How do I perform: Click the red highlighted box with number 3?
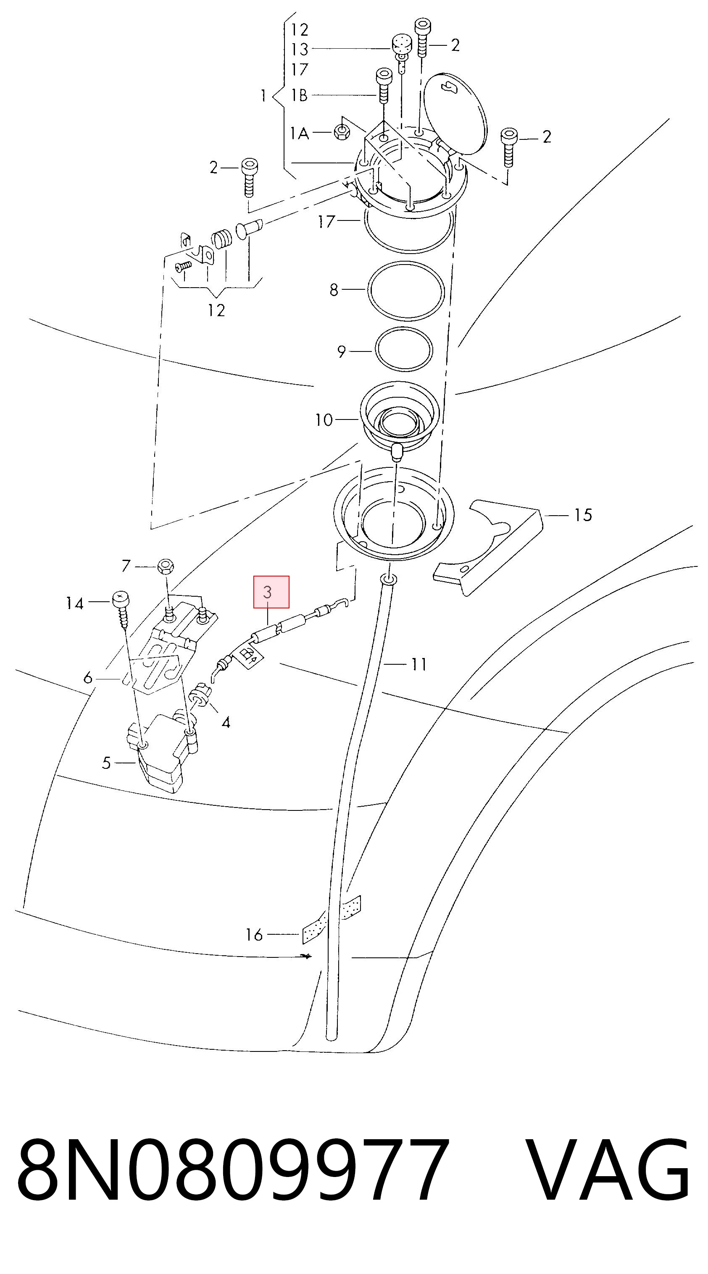click(271, 592)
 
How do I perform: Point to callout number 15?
click(583, 515)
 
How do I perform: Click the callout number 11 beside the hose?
click(419, 664)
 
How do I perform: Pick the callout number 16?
click(254, 935)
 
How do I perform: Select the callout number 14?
click(75, 603)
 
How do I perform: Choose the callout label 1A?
click(299, 133)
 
